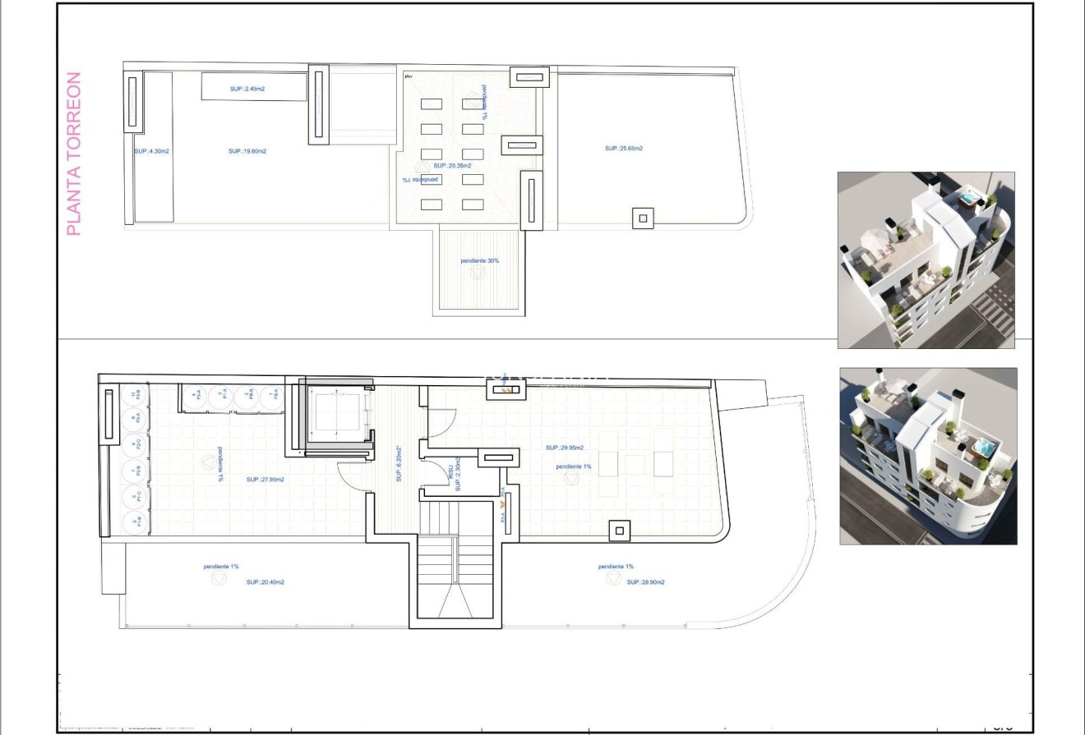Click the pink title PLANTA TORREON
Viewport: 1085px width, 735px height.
pos(73,154)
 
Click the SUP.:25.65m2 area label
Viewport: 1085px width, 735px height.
pos(623,149)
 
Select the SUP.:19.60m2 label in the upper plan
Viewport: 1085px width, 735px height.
pos(247,151)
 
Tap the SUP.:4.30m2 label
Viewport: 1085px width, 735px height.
pos(151,151)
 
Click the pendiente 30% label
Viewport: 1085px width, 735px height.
pos(479,260)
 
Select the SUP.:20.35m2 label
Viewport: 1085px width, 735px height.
pos(453,165)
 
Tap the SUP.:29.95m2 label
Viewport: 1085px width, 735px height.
pos(565,448)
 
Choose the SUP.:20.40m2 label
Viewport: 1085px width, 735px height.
pos(265,581)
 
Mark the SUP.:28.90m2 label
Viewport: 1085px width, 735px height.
pos(645,581)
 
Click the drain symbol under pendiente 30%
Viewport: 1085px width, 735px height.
pos(478,273)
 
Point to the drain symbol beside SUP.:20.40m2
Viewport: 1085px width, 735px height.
pos(219,579)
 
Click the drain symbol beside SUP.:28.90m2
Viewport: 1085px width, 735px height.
pos(613,579)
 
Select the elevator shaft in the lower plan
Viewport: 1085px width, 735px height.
pos(335,415)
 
